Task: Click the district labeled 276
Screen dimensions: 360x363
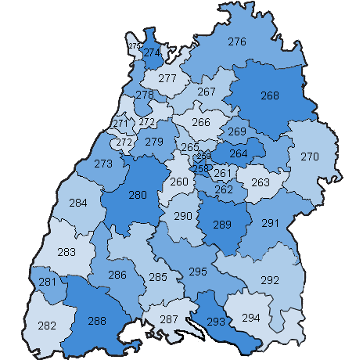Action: (x=237, y=41)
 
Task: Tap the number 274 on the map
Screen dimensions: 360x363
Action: (x=152, y=52)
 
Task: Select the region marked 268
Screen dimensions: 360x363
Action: (x=269, y=96)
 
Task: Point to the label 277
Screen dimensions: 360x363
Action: (x=167, y=78)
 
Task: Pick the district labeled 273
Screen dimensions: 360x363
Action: (x=103, y=164)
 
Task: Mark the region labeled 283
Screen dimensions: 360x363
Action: (x=67, y=252)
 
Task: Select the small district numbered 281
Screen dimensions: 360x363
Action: (x=47, y=282)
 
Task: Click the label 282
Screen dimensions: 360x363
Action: (x=47, y=326)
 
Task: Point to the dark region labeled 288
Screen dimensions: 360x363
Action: (x=97, y=319)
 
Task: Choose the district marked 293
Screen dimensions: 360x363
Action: (x=216, y=320)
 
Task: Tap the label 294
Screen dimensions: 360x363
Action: (x=251, y=318)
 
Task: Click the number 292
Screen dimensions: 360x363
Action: (x=269, y=280)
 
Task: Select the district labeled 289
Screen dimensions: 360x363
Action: (x=222, y=225)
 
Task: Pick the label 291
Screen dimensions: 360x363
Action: (x=270, y=224)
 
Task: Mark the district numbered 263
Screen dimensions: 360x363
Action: (x=260, y=182)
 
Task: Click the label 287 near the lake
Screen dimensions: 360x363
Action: (x=168, y=319)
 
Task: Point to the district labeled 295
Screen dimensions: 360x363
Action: (x=198, y=271)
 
